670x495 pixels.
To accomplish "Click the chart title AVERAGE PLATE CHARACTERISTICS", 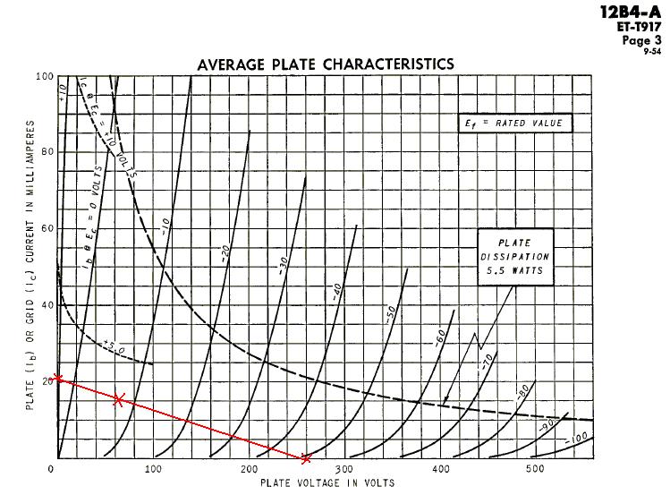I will click(325, 64).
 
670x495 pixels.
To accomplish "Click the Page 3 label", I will click(642, 39).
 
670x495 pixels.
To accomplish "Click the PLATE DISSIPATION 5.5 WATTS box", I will click(514, 255).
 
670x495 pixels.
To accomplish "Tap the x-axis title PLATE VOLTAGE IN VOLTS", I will click(327, 483).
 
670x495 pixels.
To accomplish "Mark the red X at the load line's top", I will click(58, 378).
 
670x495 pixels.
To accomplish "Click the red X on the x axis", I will click(307, 458).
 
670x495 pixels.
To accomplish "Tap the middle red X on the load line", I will click(118, 398).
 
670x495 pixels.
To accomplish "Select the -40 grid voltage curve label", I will click(338, 291).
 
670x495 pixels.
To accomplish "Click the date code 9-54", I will click(652, 51).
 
